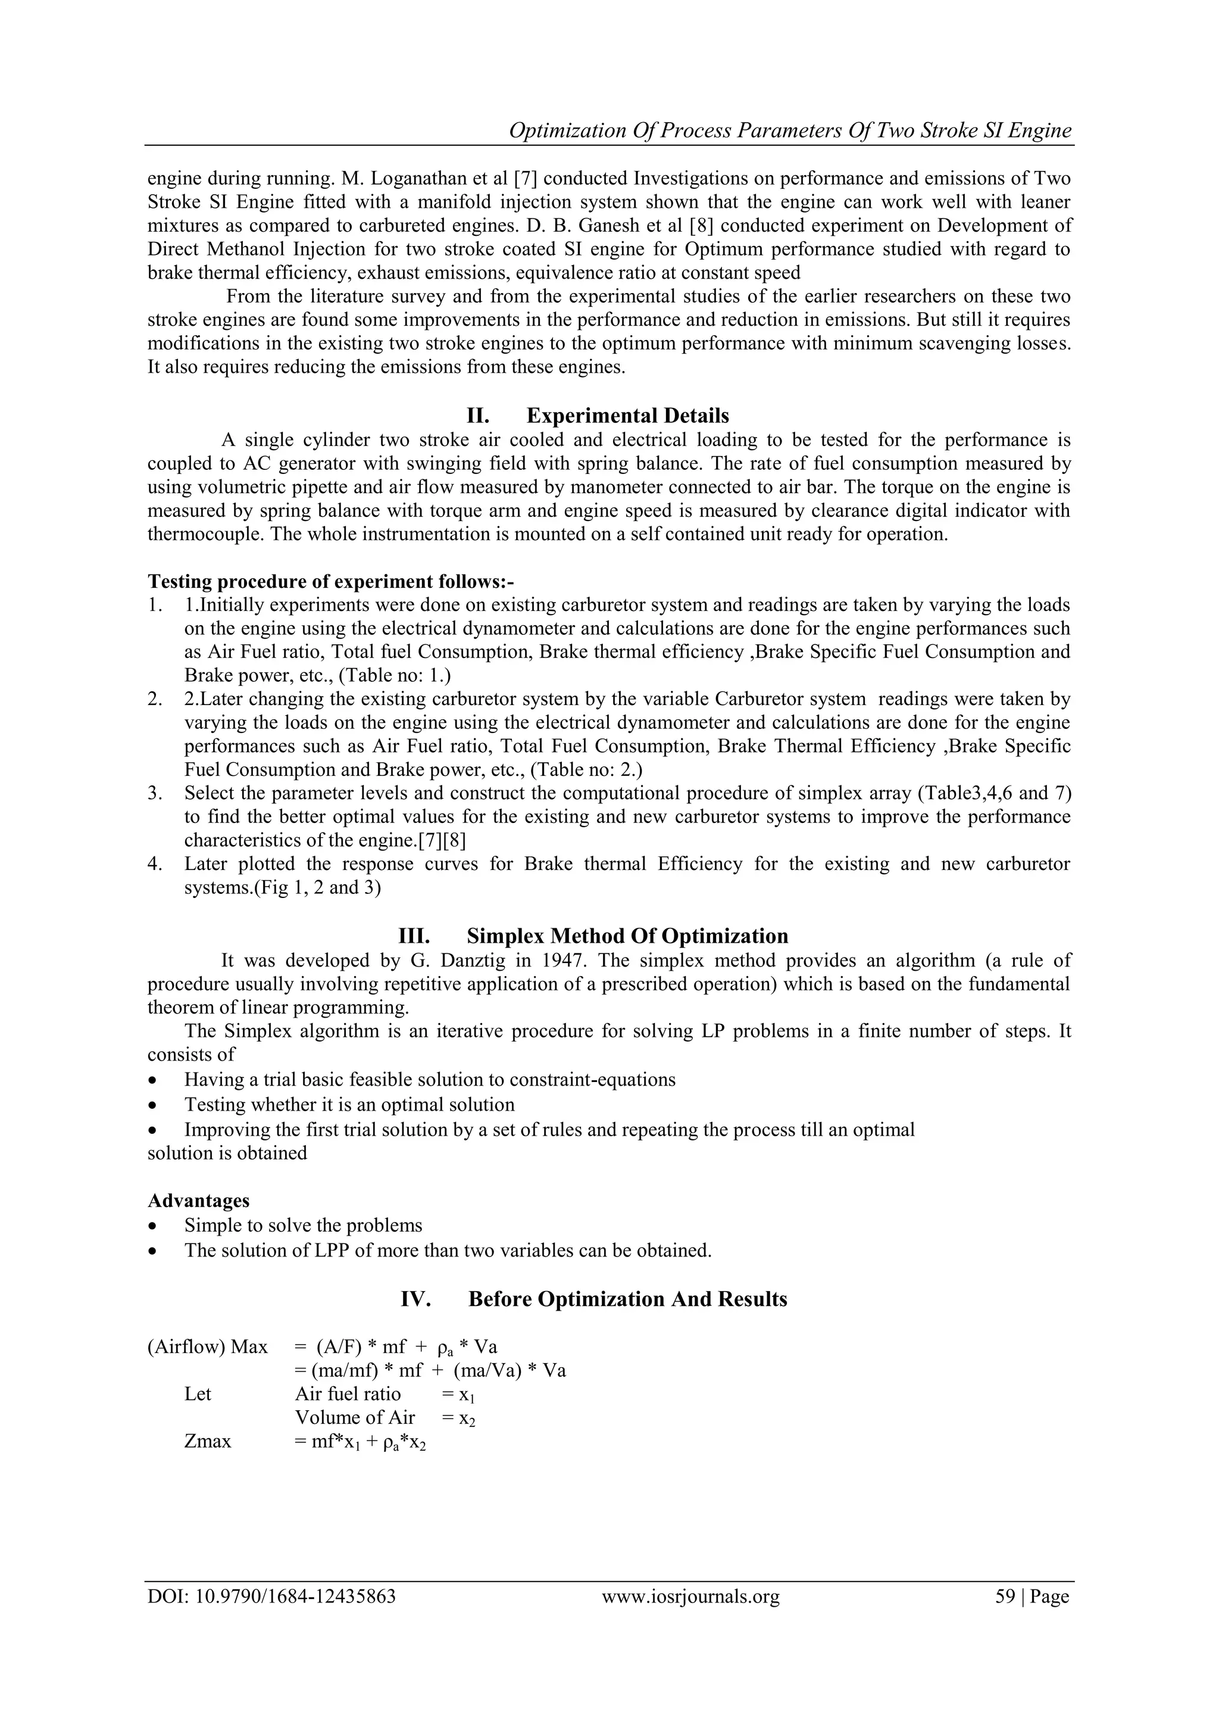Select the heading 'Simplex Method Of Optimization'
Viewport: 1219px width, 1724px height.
tap(627, 936)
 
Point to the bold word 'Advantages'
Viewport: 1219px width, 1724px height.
tap(198, 1201)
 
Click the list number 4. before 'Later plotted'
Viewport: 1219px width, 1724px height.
tap(155, 864)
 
